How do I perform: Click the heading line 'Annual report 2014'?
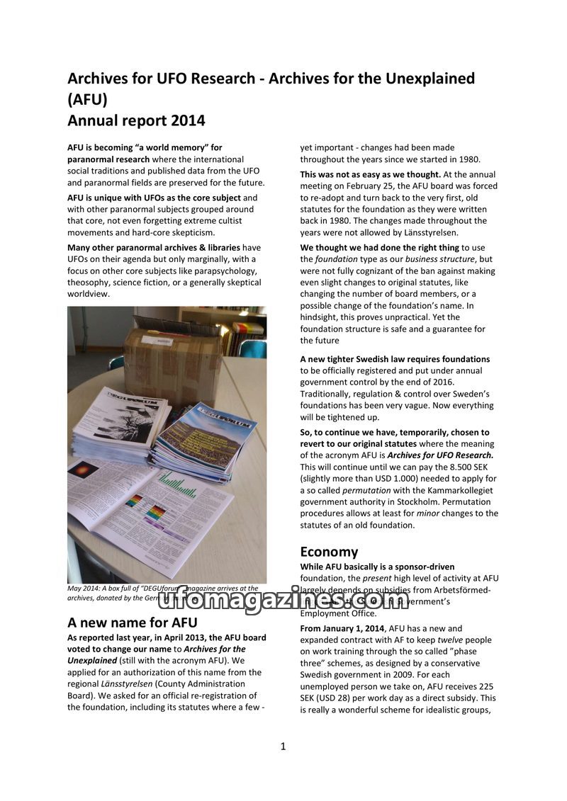click(x=136, y=120)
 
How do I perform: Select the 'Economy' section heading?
click(x=329, y=552)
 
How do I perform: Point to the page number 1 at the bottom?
click(x=283, y=746)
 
